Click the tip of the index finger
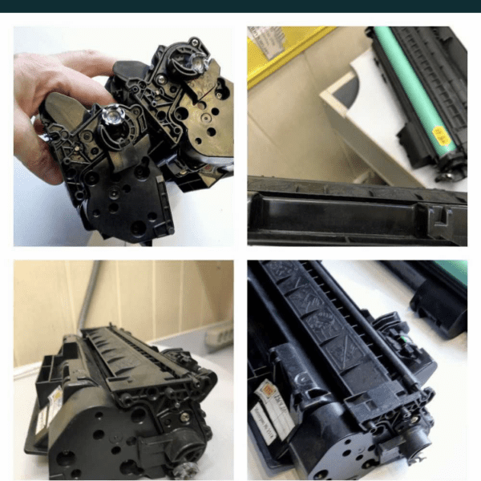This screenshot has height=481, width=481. coord(108,60)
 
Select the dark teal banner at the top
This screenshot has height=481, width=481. coord(240,6)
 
